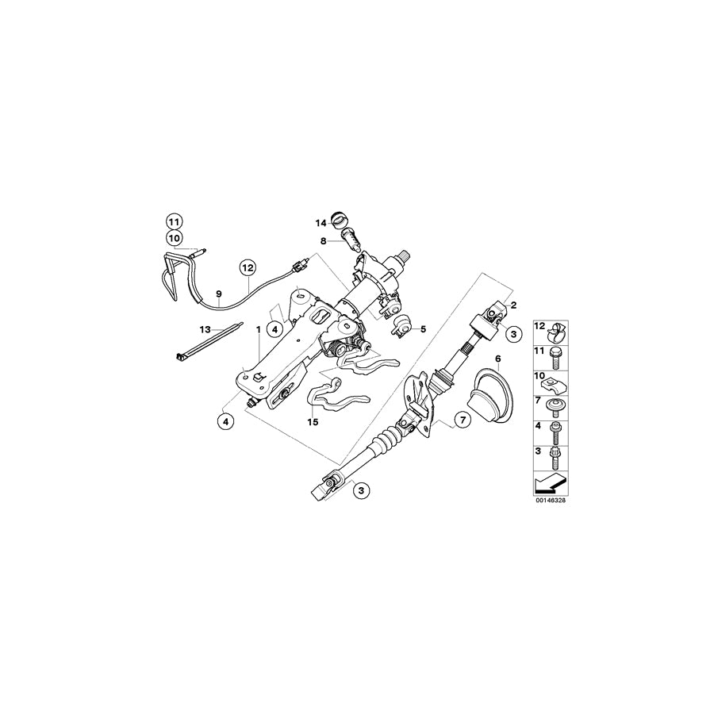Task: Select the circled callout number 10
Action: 174,237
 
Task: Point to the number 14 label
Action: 320,223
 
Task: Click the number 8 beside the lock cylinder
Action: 324,240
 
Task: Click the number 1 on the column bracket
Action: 259,328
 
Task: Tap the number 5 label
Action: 424,328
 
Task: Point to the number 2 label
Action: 513,305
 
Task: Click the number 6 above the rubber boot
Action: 497,359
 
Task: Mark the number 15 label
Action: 313,422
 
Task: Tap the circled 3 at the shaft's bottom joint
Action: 361,492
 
